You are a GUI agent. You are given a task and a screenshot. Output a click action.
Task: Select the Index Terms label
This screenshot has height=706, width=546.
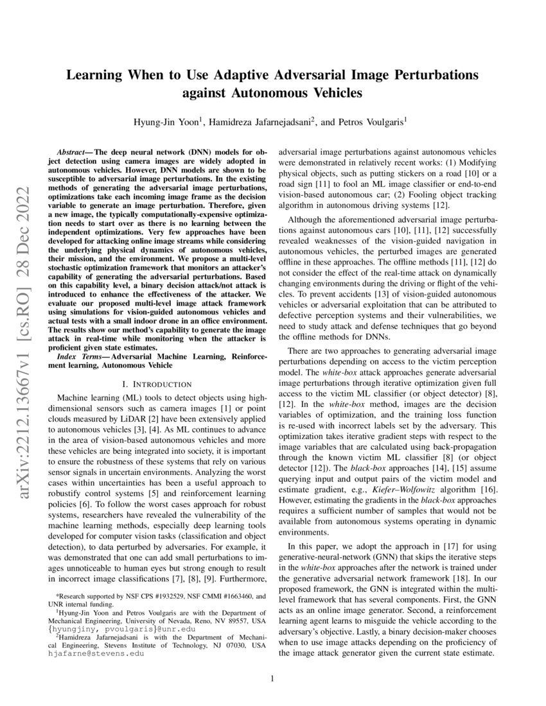tap(78, 356)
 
